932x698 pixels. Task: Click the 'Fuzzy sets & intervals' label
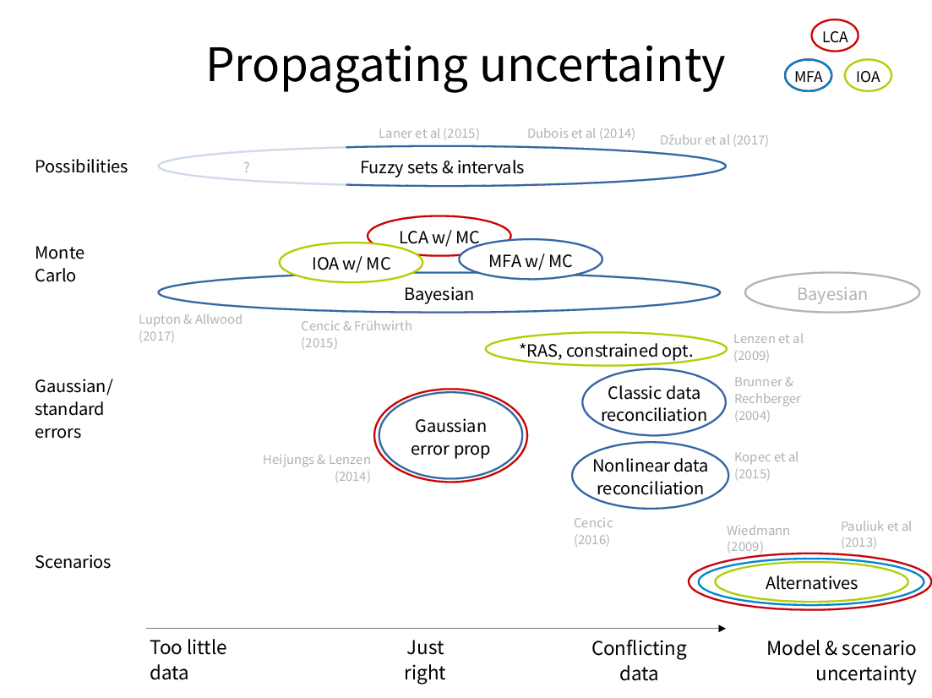(442, 167)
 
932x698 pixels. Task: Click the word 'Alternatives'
(811, 583)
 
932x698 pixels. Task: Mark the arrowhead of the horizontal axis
(722, 629)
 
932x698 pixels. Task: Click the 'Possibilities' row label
(81, 166)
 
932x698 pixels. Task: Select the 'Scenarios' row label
(73, 562)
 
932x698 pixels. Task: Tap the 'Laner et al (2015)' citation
(429, 134)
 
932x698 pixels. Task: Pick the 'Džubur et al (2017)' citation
(714, 140)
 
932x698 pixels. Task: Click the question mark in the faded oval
(246, 167)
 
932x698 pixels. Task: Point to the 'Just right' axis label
(425, 660)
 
